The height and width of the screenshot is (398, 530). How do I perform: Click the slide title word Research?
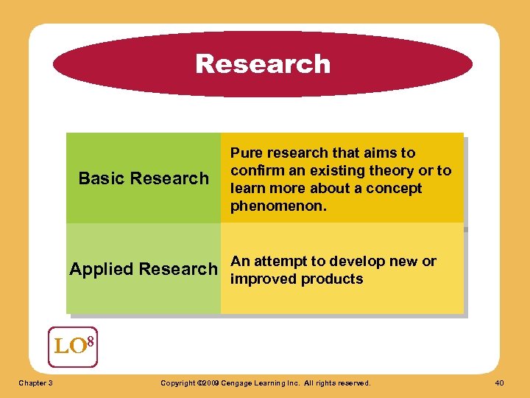pos(263,64)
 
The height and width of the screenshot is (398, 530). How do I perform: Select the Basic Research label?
pos(144,178)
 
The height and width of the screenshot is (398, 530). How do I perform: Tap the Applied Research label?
pos(144,269)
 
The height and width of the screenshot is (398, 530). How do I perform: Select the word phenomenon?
pos(278,206)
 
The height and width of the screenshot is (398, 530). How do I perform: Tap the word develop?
pos(358,262)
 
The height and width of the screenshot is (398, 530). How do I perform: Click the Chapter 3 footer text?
pos(35,383)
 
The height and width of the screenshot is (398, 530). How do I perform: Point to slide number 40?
pos(501,383)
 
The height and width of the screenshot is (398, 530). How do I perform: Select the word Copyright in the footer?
pos(178,383)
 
